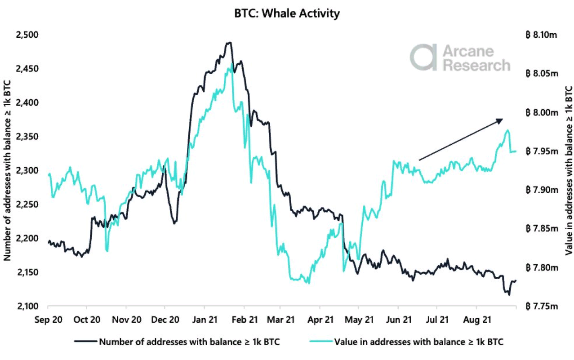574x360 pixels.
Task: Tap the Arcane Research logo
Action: (x=459, y=58)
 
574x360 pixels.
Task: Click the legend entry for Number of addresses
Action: (x=189, y=342)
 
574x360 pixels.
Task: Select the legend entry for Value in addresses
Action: (x=418, y=342)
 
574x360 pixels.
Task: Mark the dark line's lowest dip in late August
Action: (x=509, y=295)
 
